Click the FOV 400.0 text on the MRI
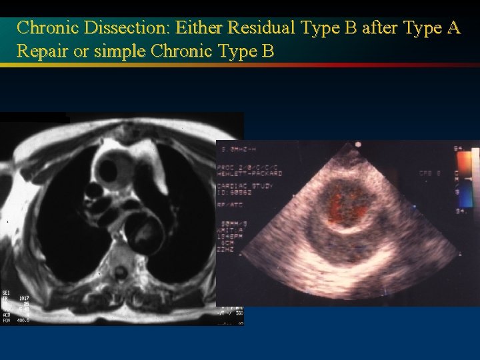[16, 321]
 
